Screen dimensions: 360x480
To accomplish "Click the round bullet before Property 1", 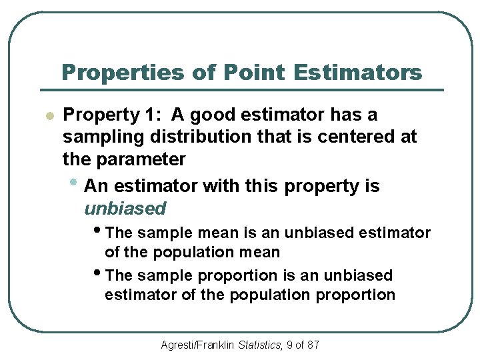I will (x=48, y=116).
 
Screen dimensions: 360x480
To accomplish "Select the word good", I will (x=213, y=115).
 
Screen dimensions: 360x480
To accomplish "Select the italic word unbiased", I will (x=125, y=209).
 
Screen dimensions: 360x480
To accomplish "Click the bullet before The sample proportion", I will (x=99, y=274).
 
